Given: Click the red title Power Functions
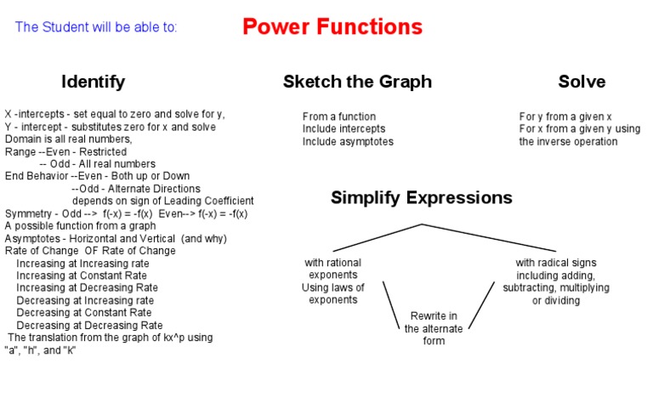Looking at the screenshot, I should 332,26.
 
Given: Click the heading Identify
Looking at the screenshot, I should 93,82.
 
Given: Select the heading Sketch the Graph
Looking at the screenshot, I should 357,82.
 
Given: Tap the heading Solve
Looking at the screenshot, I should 582,82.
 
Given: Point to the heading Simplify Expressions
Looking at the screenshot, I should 421,198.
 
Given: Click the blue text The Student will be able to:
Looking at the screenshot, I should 96,27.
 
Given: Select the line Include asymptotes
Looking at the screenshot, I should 348,142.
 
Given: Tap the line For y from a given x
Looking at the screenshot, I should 566,117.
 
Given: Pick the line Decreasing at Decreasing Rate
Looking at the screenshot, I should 89,325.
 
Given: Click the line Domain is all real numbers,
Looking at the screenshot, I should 69,139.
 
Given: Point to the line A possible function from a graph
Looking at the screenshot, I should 81,226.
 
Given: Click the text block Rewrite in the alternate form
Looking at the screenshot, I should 434,328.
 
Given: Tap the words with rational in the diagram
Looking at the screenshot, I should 333,263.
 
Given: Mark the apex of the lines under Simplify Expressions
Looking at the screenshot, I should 422,225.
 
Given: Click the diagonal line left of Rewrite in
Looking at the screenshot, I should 391,304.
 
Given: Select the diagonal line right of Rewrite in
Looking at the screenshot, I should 480,304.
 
